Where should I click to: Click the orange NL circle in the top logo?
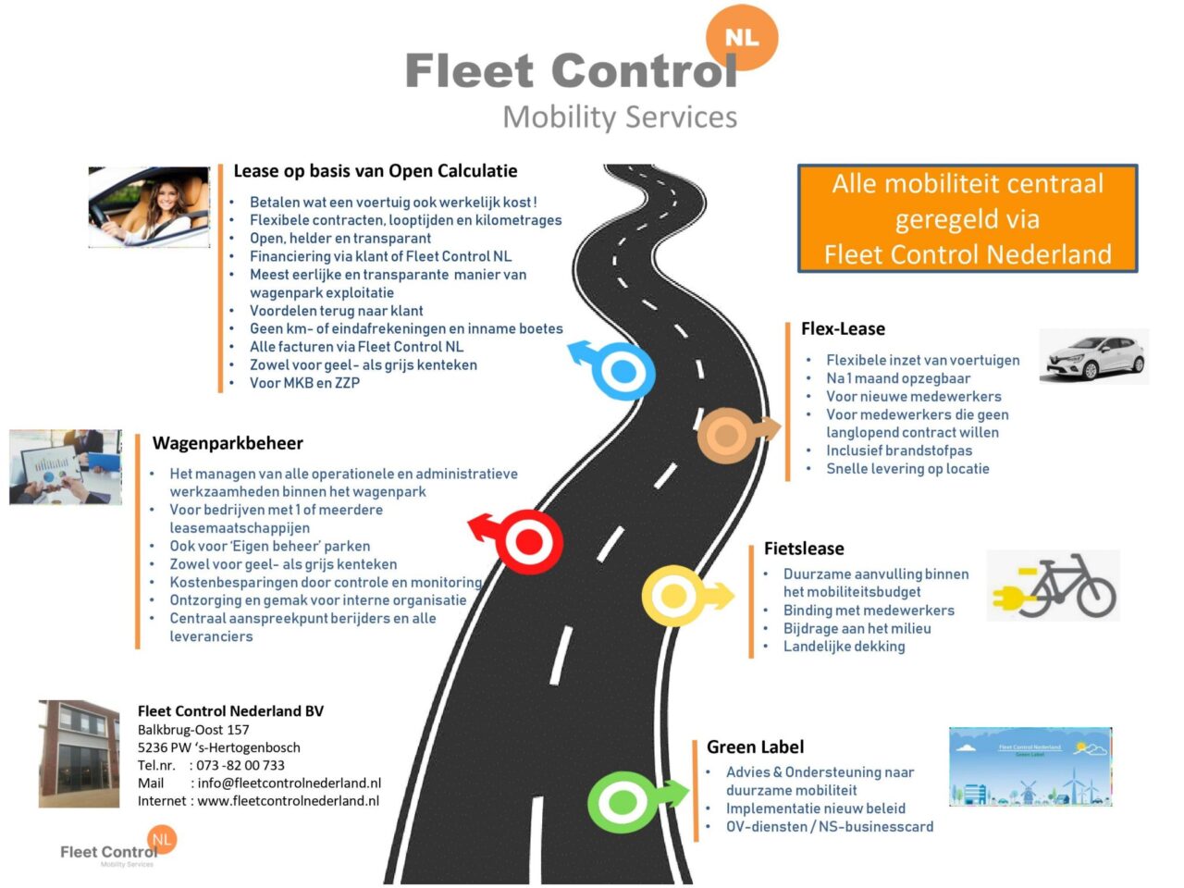click(742, 38)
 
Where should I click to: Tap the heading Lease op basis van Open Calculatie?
click(375, 171)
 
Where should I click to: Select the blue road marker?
click(623, 372)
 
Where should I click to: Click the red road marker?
click(527, 541)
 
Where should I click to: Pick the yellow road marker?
click(673, 596)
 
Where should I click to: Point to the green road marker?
click(623, 802)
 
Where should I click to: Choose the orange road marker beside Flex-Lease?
click(727, 435)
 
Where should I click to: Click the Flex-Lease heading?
click(843, 329)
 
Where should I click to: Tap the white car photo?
click(1094, 356)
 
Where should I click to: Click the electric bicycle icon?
click(1054, 586)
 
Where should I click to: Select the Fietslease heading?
click(804, 549)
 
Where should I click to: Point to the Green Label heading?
click(755, 747)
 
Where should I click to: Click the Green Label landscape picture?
click(1030, 767)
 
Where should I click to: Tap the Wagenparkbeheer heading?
click(228, 443)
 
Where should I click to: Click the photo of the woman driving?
click(149, 207)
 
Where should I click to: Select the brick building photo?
click(79, 754)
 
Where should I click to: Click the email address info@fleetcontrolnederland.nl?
click(289, 783)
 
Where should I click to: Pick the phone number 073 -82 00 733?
click(240, 765)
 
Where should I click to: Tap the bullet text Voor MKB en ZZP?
click(304, 383)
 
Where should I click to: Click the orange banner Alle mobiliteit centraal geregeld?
click(968, 219)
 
